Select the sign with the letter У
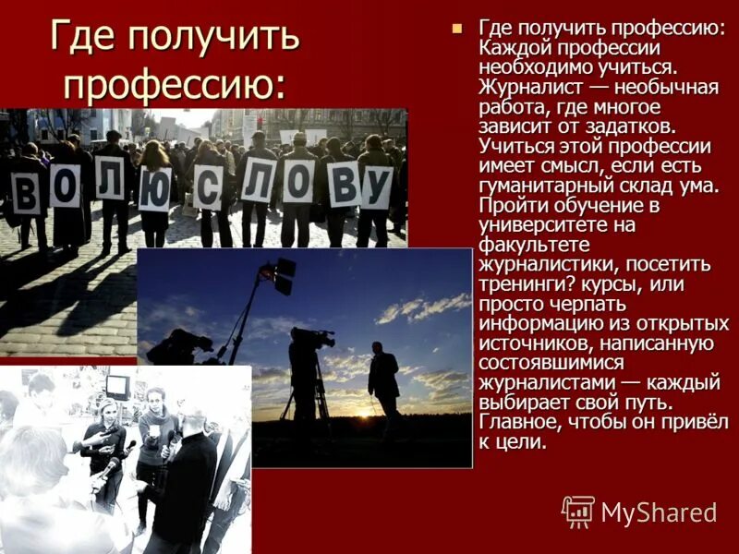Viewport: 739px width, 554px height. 376,187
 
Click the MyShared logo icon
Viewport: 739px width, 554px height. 578,512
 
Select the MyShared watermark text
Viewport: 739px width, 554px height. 659,512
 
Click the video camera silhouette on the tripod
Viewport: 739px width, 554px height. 311,340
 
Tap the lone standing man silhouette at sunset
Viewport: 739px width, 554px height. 383,379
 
